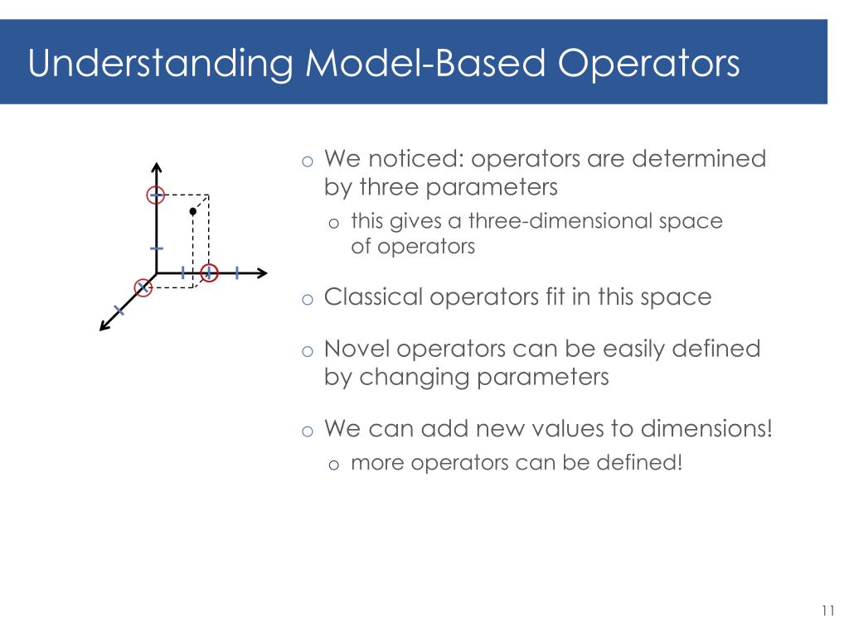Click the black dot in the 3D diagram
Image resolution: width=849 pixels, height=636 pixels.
point(192,211)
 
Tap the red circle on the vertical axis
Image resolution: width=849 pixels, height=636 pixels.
point(156,195)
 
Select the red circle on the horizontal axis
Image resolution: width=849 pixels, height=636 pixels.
point(209,272)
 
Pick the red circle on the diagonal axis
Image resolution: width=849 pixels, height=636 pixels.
point(144,287)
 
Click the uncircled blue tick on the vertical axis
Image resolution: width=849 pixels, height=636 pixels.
point(156,248)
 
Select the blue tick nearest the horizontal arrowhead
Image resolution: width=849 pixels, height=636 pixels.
point(237,272)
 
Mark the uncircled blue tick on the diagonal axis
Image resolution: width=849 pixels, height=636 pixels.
point(119,311)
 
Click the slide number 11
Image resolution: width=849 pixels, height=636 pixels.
point(827,611)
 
